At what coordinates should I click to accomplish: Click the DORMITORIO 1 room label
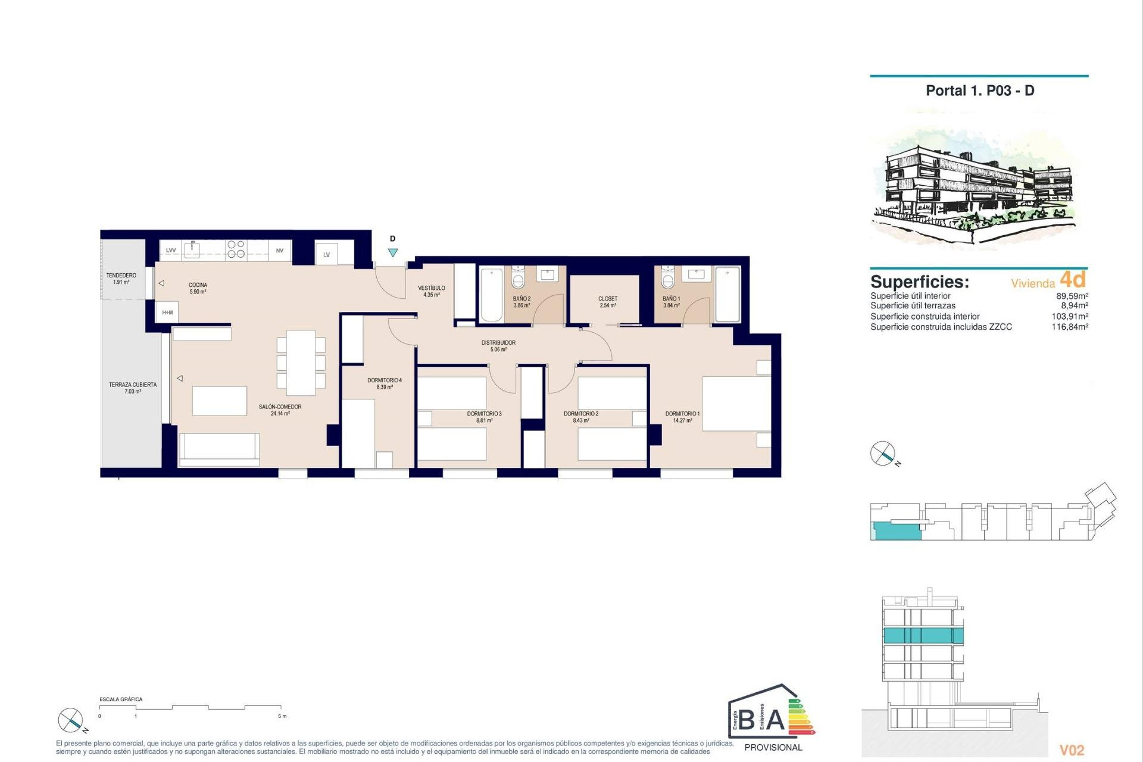tap(682, 417)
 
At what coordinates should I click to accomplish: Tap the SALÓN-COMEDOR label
tap(280, 410)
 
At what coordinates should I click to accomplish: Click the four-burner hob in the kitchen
tap(236, 249)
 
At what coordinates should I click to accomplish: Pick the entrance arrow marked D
tap(393, 252)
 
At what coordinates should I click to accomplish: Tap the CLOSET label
tap(608, 302)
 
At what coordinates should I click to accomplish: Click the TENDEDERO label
tap(121, 278)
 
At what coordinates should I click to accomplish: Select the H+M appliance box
tap(168, 313)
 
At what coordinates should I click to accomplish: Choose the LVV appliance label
tap(171, 251)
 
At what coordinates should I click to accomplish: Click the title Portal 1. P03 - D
tap(980, 91)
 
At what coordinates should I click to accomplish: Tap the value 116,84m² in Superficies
tap(1070, 327)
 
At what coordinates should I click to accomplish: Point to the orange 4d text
tap(1073, 279)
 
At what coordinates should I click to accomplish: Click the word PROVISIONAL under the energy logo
tap(773, 748)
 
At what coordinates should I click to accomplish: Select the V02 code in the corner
tap(1072, 750)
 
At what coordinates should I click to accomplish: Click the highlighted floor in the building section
tap(923, 635)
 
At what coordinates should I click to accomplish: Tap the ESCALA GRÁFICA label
tap(121, 699)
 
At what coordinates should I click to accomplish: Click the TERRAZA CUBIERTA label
tap(133, 388)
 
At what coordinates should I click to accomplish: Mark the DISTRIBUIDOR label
tap(498, 346)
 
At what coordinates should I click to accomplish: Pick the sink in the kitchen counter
tap(192, 249)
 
